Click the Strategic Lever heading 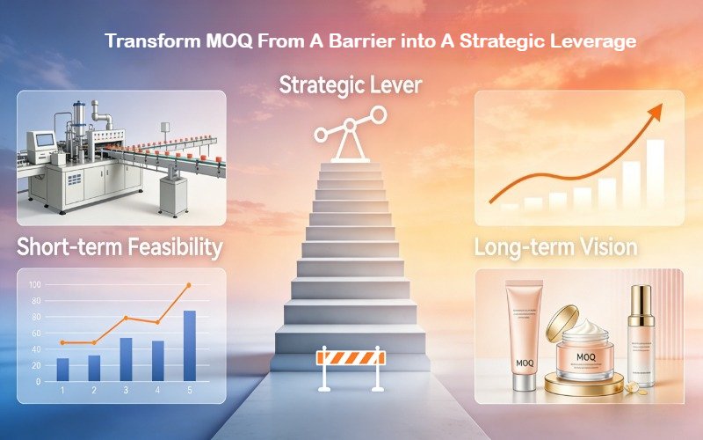coord(351,86)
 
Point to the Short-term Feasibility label coord(120,248)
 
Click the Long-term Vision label coord(555,248)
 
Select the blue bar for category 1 coord(62,369)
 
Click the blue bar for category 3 coord(126,359)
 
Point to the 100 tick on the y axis coord(35,285)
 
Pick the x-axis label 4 coord(157,390)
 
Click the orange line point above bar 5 coord(188,285)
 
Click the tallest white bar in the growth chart coord(656,171)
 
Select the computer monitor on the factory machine coord(40,142)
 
